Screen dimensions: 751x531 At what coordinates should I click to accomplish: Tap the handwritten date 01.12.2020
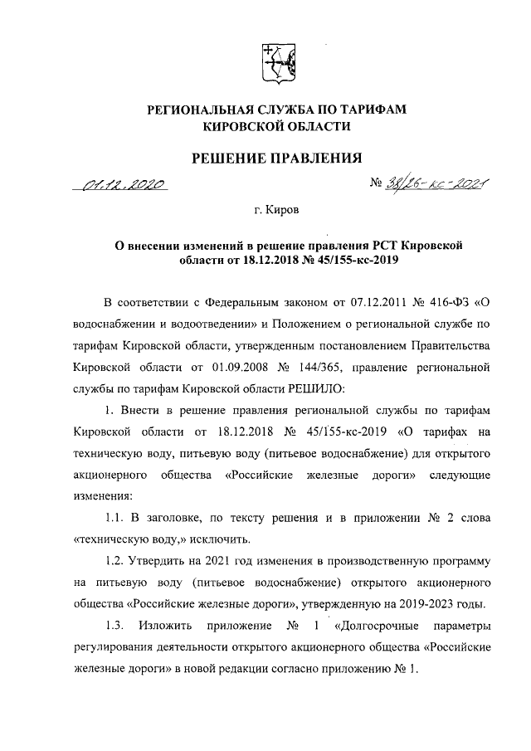[124, 184]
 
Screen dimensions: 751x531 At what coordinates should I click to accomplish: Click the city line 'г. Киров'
[278, 211]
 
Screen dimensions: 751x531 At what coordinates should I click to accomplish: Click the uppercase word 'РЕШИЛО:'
[329, 387]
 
